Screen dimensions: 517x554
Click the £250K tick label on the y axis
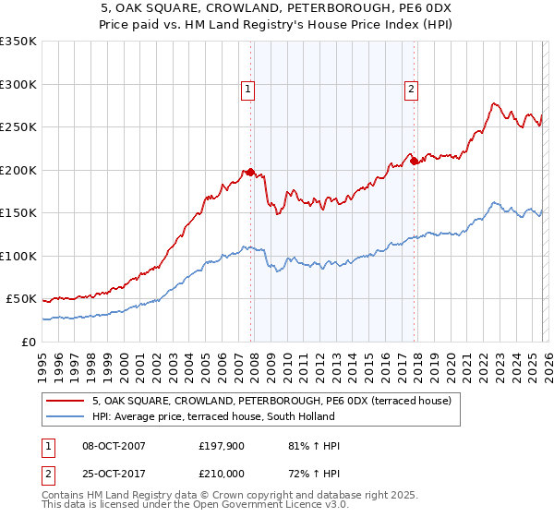pos(18,127)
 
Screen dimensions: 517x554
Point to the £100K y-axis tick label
pos(18,257)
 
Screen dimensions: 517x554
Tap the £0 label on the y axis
pos(29,343)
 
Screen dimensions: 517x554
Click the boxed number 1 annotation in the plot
pos(249,90)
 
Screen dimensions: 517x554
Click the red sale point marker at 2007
pos(250,173)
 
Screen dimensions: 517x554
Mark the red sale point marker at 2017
pos(414,162)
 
